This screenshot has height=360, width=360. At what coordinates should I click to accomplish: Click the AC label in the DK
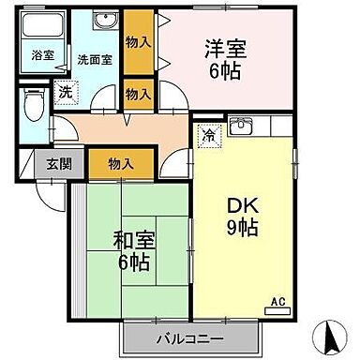click(277, 301)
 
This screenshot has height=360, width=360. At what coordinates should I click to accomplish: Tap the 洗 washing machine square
click(65, 92)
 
